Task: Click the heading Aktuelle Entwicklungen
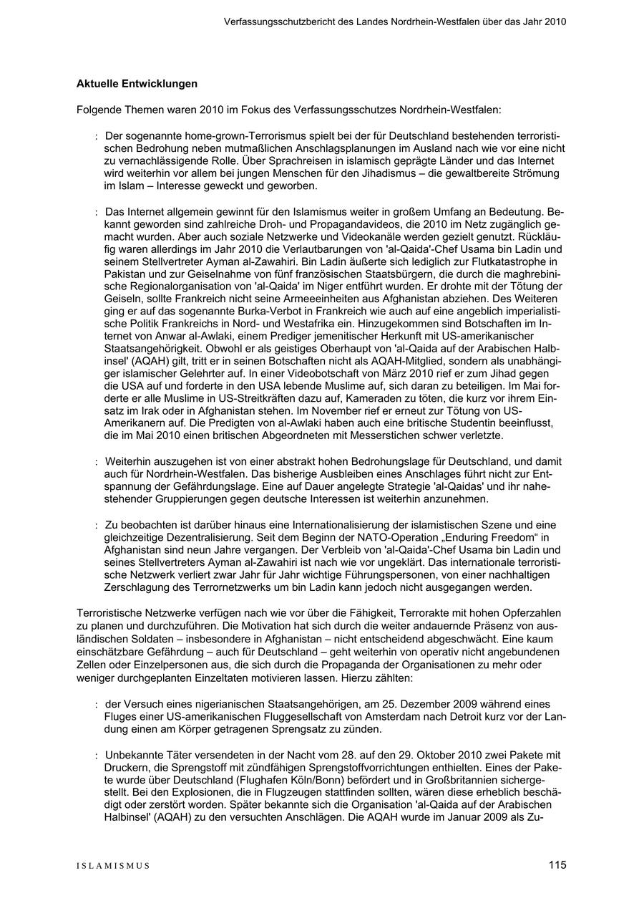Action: (x=137, y=84)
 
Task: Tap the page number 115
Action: (x=557, y=865)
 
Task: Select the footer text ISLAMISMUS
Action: (x=113, y=866)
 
